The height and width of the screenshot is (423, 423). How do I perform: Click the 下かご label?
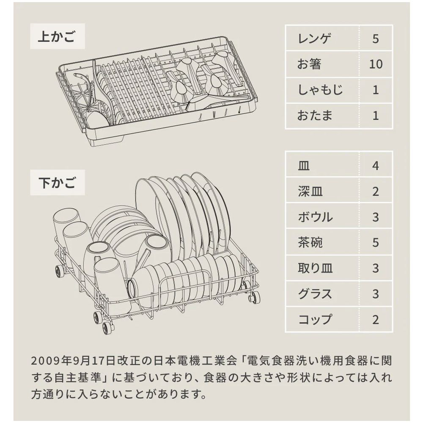tap(57, 183)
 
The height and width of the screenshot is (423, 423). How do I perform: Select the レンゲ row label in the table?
tap(314, 38)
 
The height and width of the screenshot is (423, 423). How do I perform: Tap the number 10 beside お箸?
tap(376, 64)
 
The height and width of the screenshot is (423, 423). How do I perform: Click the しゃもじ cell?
tap(320, 90)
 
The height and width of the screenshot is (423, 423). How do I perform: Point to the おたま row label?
tap(315, 115)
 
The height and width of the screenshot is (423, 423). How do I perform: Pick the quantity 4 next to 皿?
tap(376, 166)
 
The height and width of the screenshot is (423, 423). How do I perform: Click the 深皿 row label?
tap(310, 191)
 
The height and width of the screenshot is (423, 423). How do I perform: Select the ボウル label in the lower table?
tap(315, 217)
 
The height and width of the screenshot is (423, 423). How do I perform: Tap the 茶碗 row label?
tap(310, 242)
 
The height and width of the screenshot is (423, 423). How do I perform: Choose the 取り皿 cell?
tap(315, 268)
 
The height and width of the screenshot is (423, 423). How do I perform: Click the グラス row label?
tap(315, 294)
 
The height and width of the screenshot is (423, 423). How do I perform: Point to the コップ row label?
tap(315, 319)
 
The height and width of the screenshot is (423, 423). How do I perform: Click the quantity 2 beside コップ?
tap(376, 319)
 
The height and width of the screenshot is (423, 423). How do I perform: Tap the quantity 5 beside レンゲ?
tap(376, 38)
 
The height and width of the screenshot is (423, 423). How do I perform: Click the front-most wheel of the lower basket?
tap(108, 328)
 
